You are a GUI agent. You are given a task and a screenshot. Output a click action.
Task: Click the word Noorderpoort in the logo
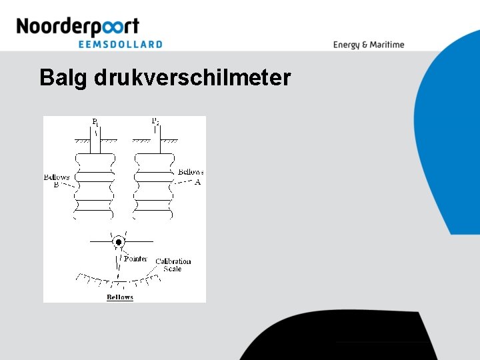[77, 27]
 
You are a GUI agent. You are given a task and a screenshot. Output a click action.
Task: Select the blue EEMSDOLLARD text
[120, 44]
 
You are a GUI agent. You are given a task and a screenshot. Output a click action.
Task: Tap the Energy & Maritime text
[369, 45]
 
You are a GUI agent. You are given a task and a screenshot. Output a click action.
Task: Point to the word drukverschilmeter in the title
[192, 78]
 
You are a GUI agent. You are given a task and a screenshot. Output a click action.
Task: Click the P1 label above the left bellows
[95, 122]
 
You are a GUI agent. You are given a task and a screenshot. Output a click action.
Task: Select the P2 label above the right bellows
[155, 121]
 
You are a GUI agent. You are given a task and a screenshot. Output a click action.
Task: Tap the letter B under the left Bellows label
[56, 185]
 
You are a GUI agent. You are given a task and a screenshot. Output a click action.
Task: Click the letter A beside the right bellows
[197, 181]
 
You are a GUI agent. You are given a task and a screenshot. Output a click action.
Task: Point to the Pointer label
[135, 259]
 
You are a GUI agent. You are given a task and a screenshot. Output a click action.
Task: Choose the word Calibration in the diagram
[173, 261]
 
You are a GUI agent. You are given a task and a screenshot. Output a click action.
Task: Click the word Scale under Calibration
[173, 269]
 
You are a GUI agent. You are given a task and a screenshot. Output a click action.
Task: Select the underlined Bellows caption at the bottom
[120, 297]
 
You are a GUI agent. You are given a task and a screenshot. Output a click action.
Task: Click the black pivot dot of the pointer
[119, 242]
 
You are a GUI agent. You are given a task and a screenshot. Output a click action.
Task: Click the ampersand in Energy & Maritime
[365, 45]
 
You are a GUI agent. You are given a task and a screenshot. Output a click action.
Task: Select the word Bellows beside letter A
[191, 172]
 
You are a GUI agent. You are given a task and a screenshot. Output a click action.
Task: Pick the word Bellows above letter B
[57, 177]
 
